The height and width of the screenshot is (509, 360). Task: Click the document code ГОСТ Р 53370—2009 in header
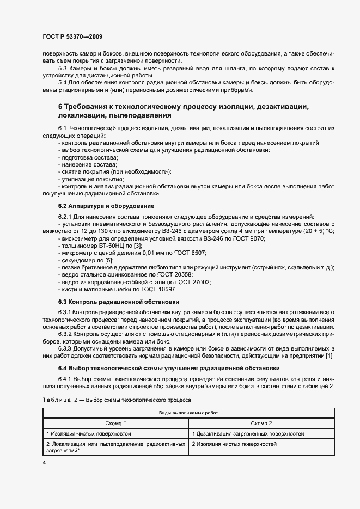[x=72, y=36]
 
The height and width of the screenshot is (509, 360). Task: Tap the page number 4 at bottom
[x=44, y=462]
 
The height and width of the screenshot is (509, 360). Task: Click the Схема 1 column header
[x=115, y=423]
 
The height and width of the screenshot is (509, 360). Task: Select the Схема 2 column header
[x=261, y=423]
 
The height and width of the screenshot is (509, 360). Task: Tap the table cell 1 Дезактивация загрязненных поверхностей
[x=248, y=433]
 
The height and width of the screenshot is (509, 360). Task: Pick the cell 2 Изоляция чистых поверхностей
[x=234, y=444]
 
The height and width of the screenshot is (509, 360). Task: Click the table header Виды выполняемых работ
[x=188, y=413]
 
